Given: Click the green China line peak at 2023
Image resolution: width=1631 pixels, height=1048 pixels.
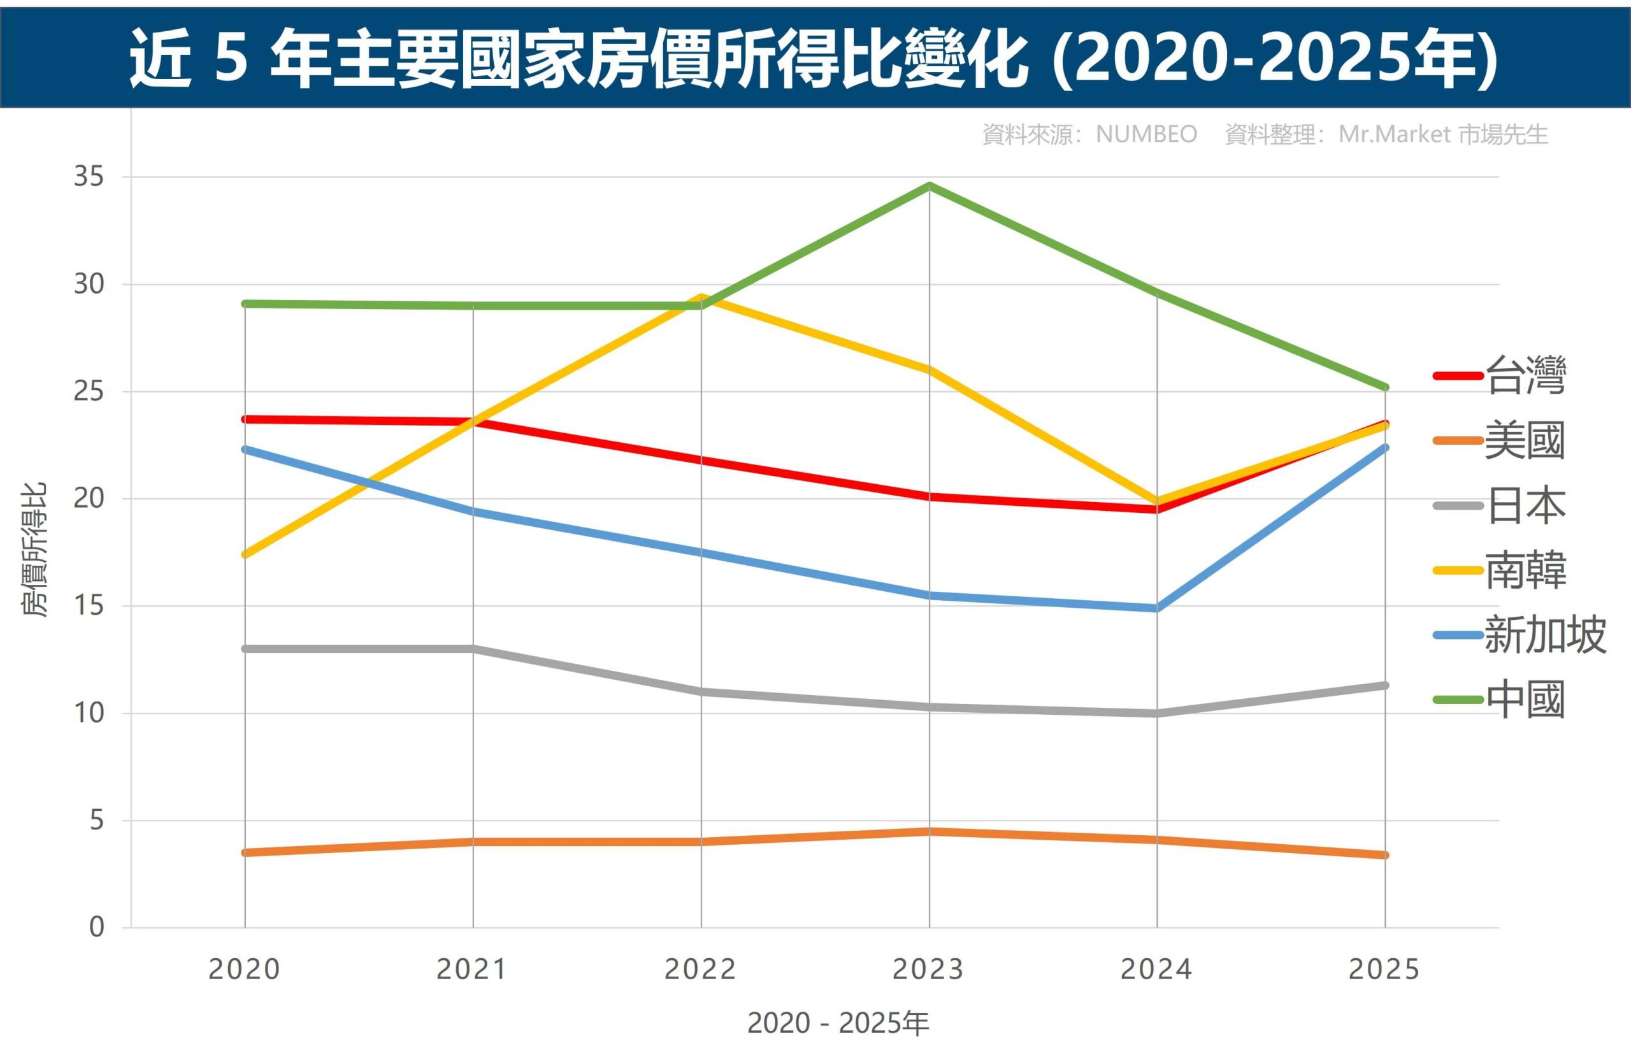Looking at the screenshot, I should coord(930,185).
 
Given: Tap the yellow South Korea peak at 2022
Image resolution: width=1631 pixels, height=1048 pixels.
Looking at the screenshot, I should coord(701,298).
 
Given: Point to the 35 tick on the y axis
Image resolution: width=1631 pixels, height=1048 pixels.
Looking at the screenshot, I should coord(89,177).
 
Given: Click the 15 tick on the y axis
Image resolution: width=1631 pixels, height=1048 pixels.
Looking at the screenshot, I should coord(89,606).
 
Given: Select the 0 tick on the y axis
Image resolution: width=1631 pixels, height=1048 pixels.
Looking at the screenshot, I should coord(97,927).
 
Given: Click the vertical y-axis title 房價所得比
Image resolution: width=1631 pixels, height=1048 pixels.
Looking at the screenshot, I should coord(34,550).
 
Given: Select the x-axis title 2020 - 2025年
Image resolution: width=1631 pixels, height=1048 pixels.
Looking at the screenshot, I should coord(838,1023).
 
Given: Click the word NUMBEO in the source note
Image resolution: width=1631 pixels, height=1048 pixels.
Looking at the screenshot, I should coord(1146,135).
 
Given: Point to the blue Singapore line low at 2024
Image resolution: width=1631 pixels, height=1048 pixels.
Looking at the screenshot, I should coord(1157,608).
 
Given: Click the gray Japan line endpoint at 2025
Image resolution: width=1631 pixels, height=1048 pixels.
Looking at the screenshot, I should coord(1384,686).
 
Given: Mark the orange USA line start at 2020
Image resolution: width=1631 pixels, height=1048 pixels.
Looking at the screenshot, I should coord(245,852).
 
